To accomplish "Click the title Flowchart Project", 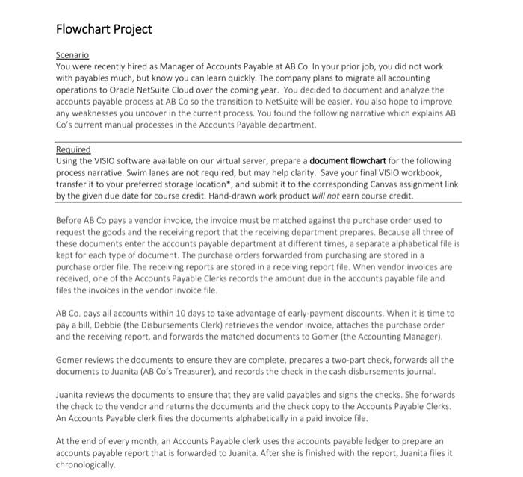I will pos(104,29).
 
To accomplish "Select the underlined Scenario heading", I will pos(72,55).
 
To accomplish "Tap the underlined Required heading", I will pos(73,149).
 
